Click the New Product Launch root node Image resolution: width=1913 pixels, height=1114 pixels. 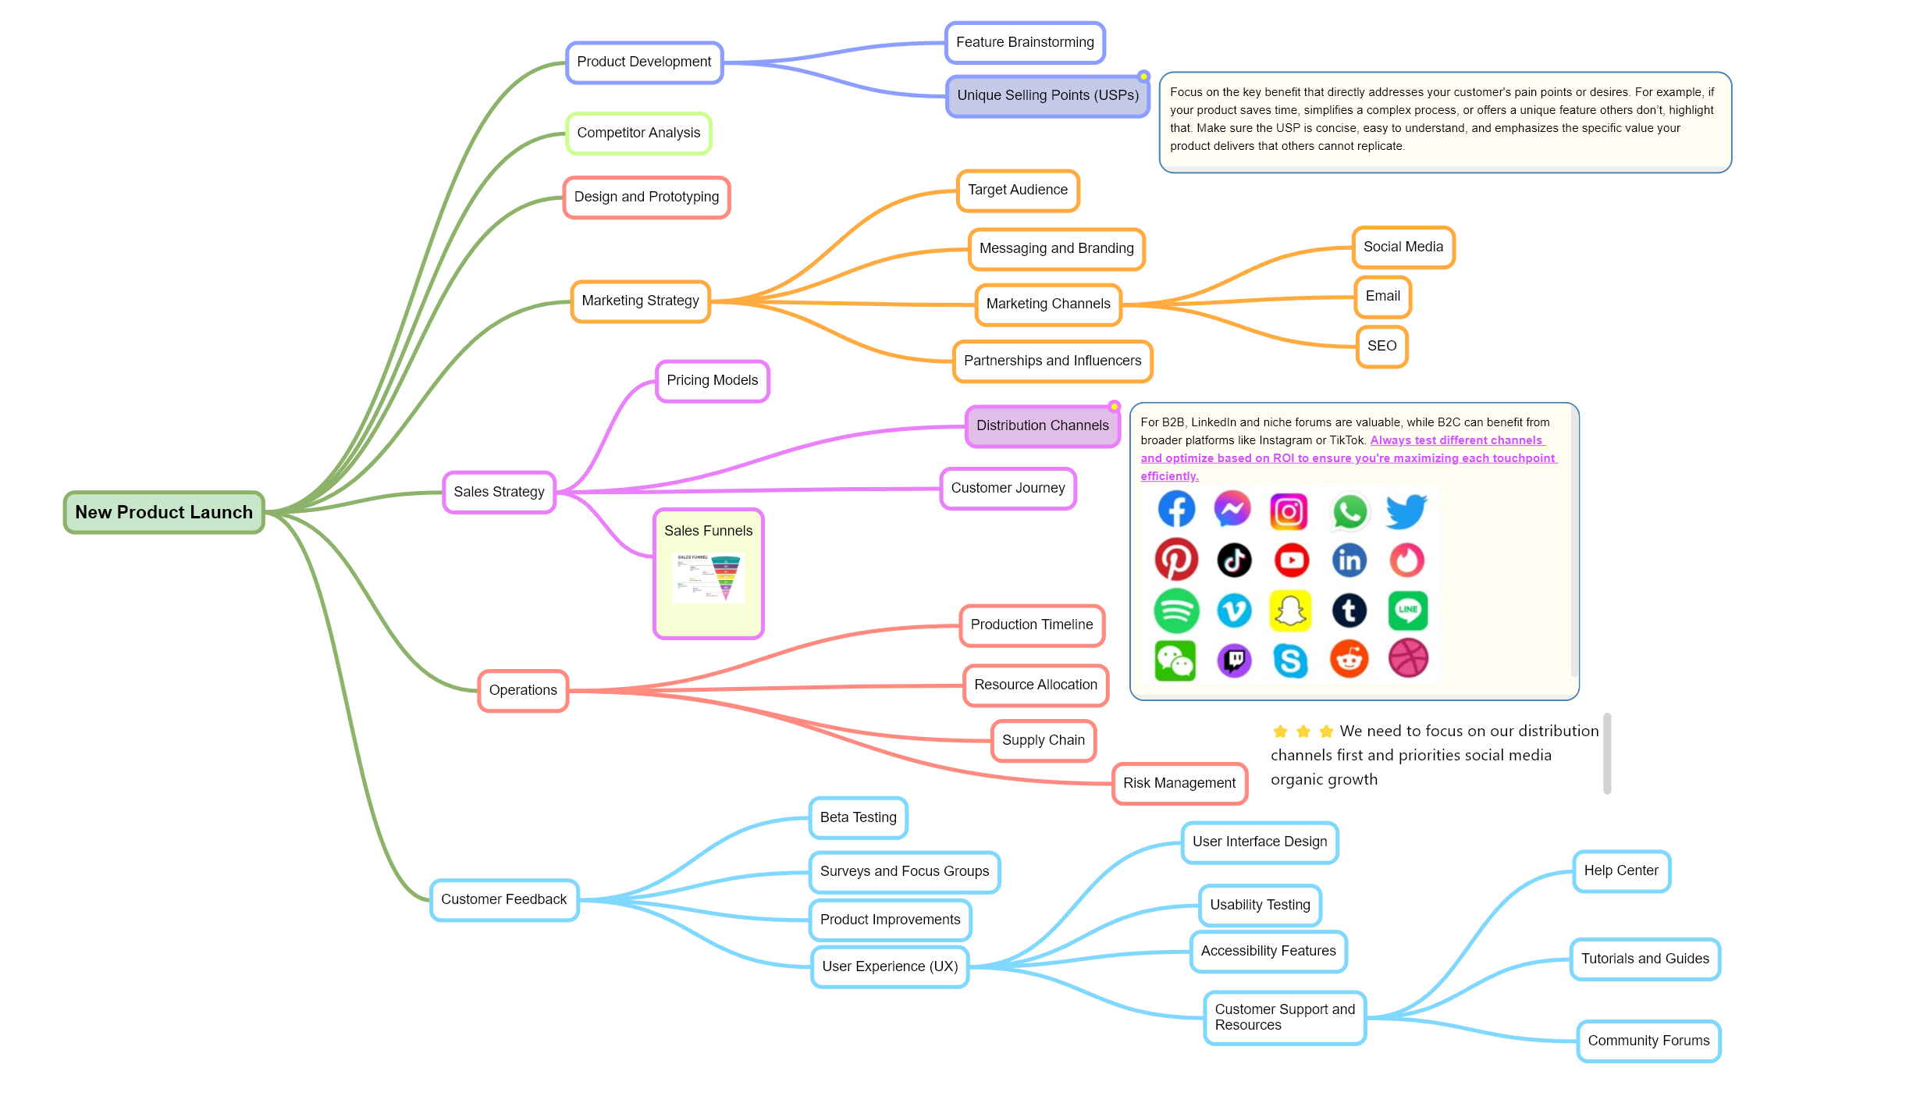[164, 512]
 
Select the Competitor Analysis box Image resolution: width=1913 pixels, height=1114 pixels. [638, 133]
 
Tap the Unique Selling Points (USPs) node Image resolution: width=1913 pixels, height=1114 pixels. [1047, 95]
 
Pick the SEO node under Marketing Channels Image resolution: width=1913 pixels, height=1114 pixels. [1381, 346]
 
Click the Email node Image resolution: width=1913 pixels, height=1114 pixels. [1382, 297]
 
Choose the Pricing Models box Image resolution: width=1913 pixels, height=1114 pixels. [712, 380]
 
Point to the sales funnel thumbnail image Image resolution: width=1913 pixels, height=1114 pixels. [708, 578]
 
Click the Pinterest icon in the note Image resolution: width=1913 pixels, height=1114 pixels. [1176, 560]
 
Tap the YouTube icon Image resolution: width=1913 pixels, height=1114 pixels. [1292, 560]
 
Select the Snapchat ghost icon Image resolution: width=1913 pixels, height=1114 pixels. [1292, 610]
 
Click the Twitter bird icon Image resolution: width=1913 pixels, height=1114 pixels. [1406, 511]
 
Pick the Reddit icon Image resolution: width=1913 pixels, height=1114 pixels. [1349, 660]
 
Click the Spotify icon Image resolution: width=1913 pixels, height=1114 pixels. [1176, 610]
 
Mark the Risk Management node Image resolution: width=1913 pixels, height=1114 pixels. [1179, 783]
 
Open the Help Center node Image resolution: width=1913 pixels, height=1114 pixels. [1621, 870]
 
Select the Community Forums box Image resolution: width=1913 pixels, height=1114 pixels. [1648, 1041]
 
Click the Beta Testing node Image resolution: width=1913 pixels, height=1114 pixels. [858, 817]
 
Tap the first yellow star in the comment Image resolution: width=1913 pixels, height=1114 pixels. [1280, 731]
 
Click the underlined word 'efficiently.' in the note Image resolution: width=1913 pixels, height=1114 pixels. [1169, 476]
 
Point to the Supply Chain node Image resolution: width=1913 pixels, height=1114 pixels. [1044, 740]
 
